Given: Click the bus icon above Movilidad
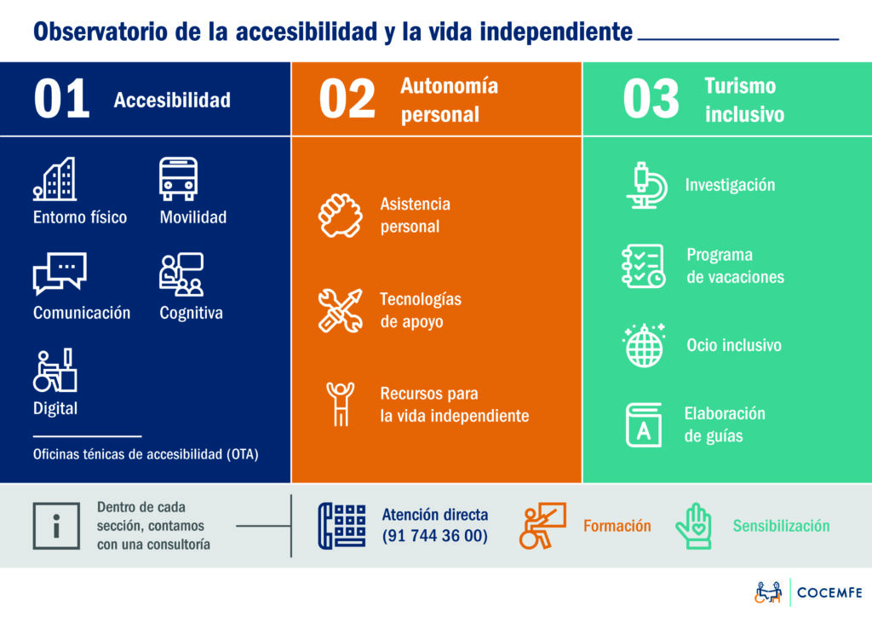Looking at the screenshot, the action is coord(178,179).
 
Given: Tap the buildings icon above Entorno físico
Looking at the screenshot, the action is coord(54,179).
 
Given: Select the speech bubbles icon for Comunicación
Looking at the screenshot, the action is coord(60,274).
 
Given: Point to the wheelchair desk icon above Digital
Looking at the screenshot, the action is coord(54,370).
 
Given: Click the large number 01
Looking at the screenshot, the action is coord(61,99).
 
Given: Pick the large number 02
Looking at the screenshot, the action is coord(347,99).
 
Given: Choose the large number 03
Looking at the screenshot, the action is coord(651,99).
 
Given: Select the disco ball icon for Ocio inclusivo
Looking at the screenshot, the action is coord(644,345).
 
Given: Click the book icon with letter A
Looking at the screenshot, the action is coord(644,425).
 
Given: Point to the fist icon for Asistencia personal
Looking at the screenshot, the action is coord(341,216).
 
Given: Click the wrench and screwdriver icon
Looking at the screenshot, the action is coord(341,310).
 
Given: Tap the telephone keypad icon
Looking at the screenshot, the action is coord(342,526).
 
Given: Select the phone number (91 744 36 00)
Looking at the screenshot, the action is coord(435,536).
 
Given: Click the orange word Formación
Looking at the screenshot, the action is coord(617,526).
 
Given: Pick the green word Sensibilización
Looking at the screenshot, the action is coord(781,526).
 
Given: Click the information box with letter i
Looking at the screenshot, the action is coord(56,526).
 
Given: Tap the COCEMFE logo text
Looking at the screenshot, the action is coord(829,592).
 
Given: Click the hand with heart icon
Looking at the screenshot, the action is coord(693,526).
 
